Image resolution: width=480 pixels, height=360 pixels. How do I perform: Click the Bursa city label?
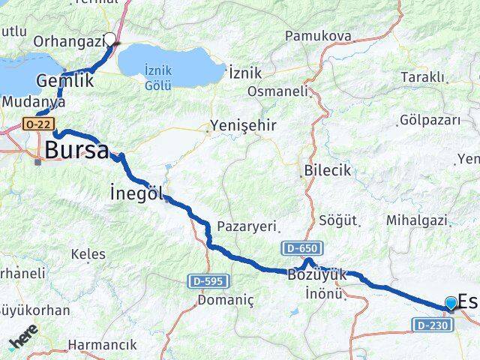[x=76, y=149]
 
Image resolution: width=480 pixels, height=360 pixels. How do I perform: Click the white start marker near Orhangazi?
[x=110, y=40]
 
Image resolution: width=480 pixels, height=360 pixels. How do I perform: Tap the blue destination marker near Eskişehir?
[x=450, y=303]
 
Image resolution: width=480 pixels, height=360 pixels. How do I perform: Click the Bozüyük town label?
[x=316, y=275]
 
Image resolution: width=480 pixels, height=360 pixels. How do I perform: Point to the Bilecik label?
[x=327, y=171]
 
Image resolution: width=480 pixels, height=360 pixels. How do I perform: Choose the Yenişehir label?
[x=244, y=125]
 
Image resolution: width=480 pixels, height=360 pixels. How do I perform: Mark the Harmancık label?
[x=103, y=345]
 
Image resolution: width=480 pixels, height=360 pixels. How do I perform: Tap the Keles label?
[x=88, y=254]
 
